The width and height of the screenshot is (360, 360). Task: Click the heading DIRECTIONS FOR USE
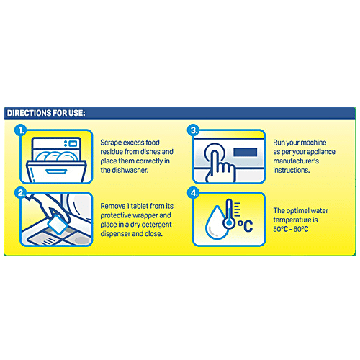click(x=46, y=113)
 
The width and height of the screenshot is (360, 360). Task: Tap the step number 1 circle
click(x=21, y=131)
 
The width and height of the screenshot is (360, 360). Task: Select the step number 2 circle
click(x=21, y=193)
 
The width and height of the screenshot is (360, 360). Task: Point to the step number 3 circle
click(x=194, y=131)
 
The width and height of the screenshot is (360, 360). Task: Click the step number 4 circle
click(x=194, y=193)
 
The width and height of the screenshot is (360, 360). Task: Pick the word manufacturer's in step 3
click(x=296, y=161)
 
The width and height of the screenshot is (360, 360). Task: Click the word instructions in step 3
click(x=292, y=170)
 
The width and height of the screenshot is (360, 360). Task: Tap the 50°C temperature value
click(x=280, y=229)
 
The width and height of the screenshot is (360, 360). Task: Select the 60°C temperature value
click(x=301, y=229)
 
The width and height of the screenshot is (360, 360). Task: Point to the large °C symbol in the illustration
click(x=246, y=226)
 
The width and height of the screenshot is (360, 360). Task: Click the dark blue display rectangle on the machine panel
click(x=246, y=152)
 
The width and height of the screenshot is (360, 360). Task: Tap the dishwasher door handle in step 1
click(x=56, y=171)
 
